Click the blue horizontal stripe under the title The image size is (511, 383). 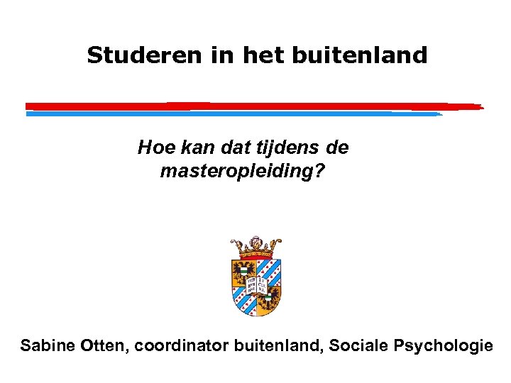[x=234, y=113]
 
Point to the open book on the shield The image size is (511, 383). [x=255, y=284]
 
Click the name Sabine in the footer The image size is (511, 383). [x=46, y=346]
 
